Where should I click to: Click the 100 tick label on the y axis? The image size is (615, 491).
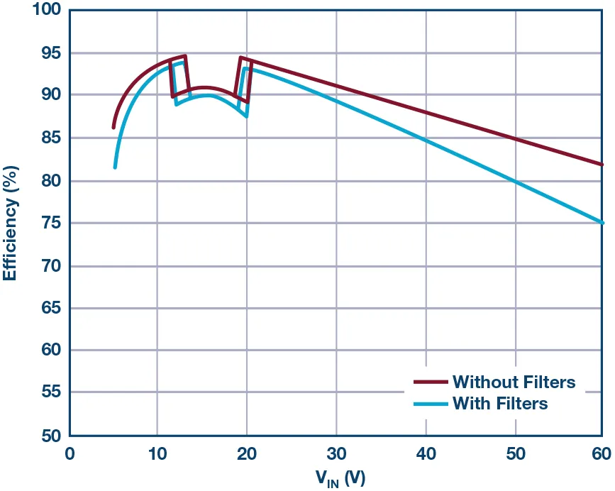tap(45, 11)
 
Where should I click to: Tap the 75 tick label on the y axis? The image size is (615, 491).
tap(50, 224)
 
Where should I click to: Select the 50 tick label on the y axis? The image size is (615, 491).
tap(50, 435)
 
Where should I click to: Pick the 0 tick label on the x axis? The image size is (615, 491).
tap(69, 453)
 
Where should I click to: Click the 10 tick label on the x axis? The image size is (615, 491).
tap(157, 453)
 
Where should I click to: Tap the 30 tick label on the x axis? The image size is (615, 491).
tap(336, 453)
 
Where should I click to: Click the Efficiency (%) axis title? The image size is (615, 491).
tap(10, 223)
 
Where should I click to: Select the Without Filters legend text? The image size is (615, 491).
tap(514, 382)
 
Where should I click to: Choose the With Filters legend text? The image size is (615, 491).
tap(500, 404)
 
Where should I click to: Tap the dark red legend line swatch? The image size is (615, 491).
tap(430, 382)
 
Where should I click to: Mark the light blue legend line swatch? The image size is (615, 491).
tap(430, 404)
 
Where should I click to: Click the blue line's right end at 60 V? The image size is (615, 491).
tap(602, 223)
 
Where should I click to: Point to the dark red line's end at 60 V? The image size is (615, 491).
tap(602, 164)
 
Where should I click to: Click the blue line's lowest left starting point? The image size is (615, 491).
tap(115, 167)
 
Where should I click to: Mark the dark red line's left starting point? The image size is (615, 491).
tap(113, 128)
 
